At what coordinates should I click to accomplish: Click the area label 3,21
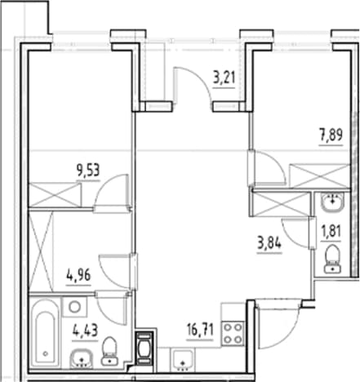click(224, 78)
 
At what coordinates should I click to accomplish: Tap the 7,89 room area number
click(331, 135)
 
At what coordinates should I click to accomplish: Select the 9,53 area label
click(88, 171)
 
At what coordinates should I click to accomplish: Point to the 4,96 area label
click(78, 276)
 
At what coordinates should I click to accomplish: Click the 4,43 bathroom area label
click(85, 331)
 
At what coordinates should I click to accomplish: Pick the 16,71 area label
click(200, 330)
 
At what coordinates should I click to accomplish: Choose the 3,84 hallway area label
click(269, 243)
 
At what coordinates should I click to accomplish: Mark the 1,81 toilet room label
click(331, 232)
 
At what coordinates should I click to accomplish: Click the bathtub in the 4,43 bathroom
click(45, 332)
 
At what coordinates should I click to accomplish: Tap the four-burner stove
click(233, 333)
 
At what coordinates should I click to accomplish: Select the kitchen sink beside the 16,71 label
click(183, 360)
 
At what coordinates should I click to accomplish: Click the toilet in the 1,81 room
click(332, 259)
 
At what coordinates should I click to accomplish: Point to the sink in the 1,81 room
click(332, 202)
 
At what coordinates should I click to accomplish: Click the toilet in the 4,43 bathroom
click(109, 351)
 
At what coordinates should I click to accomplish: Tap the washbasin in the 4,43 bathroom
click(82, 358)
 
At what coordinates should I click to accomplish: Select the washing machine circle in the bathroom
click(74, 307)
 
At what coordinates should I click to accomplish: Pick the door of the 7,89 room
click(267, 168)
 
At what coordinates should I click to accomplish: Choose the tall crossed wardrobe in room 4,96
click(41, 251)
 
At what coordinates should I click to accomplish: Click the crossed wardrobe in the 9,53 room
click(55, 195)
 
